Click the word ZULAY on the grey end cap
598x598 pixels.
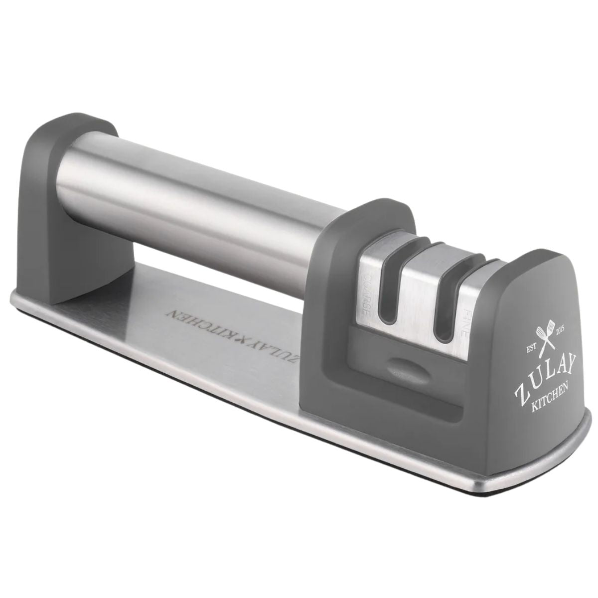(540, 377)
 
